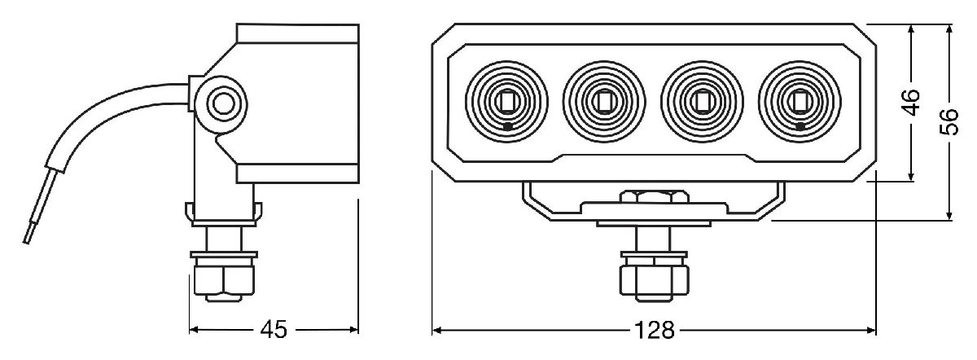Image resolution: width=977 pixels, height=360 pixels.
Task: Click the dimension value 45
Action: [x=274, y=330]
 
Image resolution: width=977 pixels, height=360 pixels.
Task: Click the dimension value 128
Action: [x=654, y=331]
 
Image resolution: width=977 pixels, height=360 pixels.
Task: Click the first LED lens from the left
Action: [x=506, y=101]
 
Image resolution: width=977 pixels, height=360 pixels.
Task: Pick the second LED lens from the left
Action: [x=604, y=101]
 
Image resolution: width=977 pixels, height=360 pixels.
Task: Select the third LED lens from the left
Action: [x=702, y=101]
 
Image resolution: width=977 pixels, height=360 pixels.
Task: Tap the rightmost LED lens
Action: [x=800, y=101]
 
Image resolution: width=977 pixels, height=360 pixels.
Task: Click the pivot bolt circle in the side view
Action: [x=221, y=103]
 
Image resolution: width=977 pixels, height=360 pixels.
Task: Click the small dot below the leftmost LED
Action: [x=507, y=127]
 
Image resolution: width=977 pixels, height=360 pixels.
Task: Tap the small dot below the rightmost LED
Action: [x=800, y=127]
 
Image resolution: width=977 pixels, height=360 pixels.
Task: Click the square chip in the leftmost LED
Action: [x=506, y=101]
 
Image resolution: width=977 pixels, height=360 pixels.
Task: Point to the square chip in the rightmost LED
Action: [x=800, y=101]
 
